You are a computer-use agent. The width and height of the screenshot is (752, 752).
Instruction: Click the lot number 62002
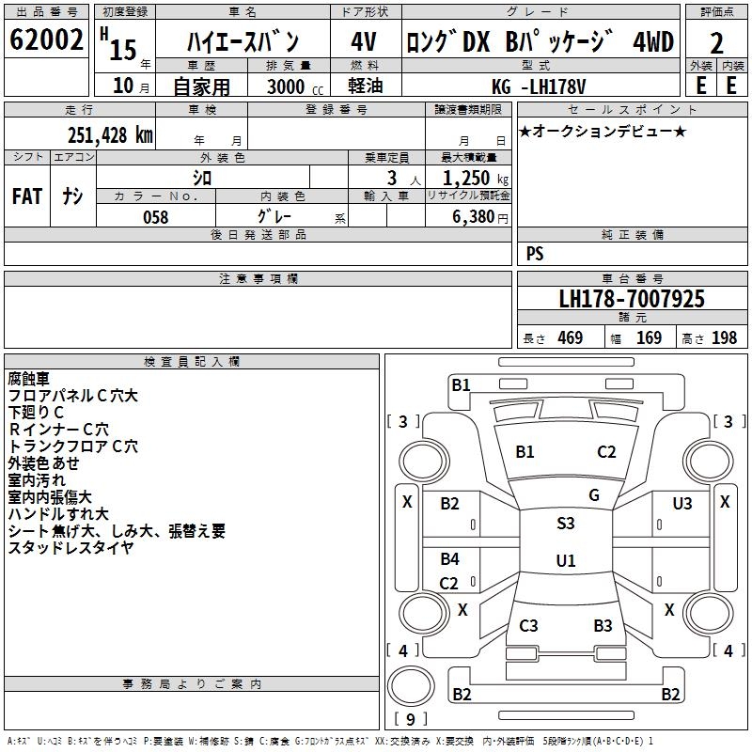[x=46, y=41]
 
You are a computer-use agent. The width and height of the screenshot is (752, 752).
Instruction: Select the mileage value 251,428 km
[x=110, y=135]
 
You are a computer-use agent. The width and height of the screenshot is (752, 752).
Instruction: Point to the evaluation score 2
[x=716, y=43]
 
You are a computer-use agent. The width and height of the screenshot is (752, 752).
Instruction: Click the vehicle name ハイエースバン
[x=243, y=42]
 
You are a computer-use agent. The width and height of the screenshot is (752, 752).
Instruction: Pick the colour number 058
[x=155, y=216]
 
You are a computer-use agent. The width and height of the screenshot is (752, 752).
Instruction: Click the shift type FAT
[x=27, y=196]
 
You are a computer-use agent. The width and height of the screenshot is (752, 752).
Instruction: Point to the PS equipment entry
[x=535, y=254]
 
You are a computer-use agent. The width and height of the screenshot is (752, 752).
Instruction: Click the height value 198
[x=724, y=338]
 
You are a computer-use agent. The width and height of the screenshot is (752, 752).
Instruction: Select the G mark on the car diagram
[x=594, y=495]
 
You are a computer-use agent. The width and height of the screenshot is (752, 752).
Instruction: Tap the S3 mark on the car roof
[x=566, y=524]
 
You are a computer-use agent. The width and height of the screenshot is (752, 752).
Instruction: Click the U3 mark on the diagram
[x=682, y=504]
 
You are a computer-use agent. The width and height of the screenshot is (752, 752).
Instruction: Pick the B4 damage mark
[x=450, y=559]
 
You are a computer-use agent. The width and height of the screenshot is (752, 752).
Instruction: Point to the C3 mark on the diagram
[x=528, y=626]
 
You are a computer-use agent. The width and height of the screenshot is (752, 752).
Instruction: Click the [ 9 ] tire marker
[x=410, y=720]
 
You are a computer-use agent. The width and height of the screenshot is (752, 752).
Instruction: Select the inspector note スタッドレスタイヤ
[x=70, y=547]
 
